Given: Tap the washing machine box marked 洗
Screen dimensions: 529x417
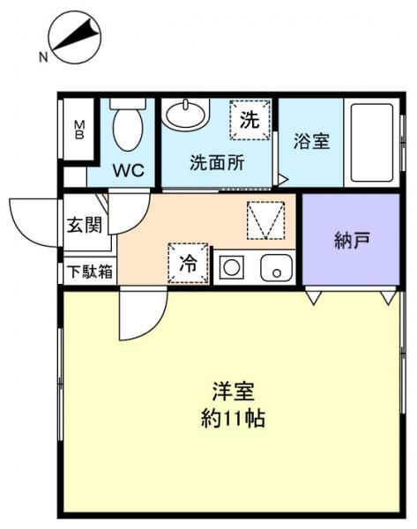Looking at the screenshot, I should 250,120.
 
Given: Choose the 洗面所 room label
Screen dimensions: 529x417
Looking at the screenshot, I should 217,163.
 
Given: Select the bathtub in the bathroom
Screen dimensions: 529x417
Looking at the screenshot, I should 370,141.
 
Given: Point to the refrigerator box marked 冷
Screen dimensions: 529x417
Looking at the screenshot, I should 189,262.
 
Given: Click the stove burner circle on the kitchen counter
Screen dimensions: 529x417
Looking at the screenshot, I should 232,267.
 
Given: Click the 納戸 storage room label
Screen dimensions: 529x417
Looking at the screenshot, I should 351,240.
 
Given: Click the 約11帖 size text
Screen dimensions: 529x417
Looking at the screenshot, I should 232,418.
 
